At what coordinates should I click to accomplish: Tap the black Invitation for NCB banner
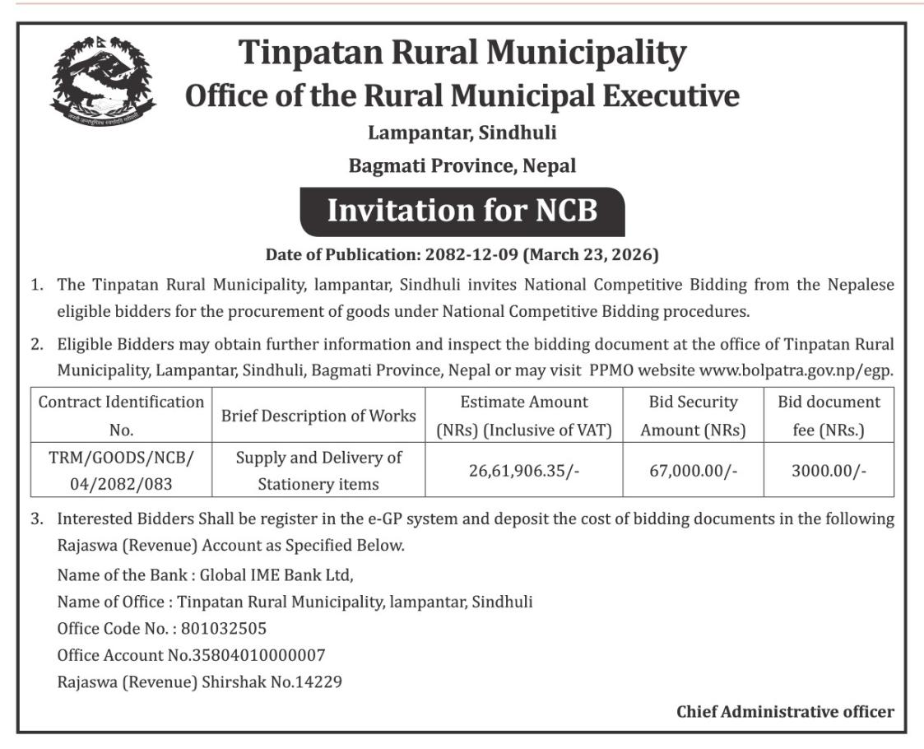[x=462, y=212]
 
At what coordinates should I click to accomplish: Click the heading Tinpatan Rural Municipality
[x=462, y=54]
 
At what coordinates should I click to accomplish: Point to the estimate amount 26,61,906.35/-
[x=523, y=470]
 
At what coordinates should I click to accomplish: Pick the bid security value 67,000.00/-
[x=693, y=470]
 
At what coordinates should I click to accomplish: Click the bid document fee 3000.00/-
[x=829, y=470]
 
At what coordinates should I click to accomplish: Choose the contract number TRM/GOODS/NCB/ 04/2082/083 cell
[x=121, y=470]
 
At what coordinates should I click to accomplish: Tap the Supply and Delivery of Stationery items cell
[x=318, y=470]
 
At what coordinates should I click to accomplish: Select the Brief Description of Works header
[x=318, y=416]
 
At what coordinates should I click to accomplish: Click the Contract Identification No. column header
[x=121, y=416]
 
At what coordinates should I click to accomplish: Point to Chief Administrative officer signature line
[x=784, y=712]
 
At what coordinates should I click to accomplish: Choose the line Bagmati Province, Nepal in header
[x=462, y=165]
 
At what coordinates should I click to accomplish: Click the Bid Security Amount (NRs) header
[x=693, y=416]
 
